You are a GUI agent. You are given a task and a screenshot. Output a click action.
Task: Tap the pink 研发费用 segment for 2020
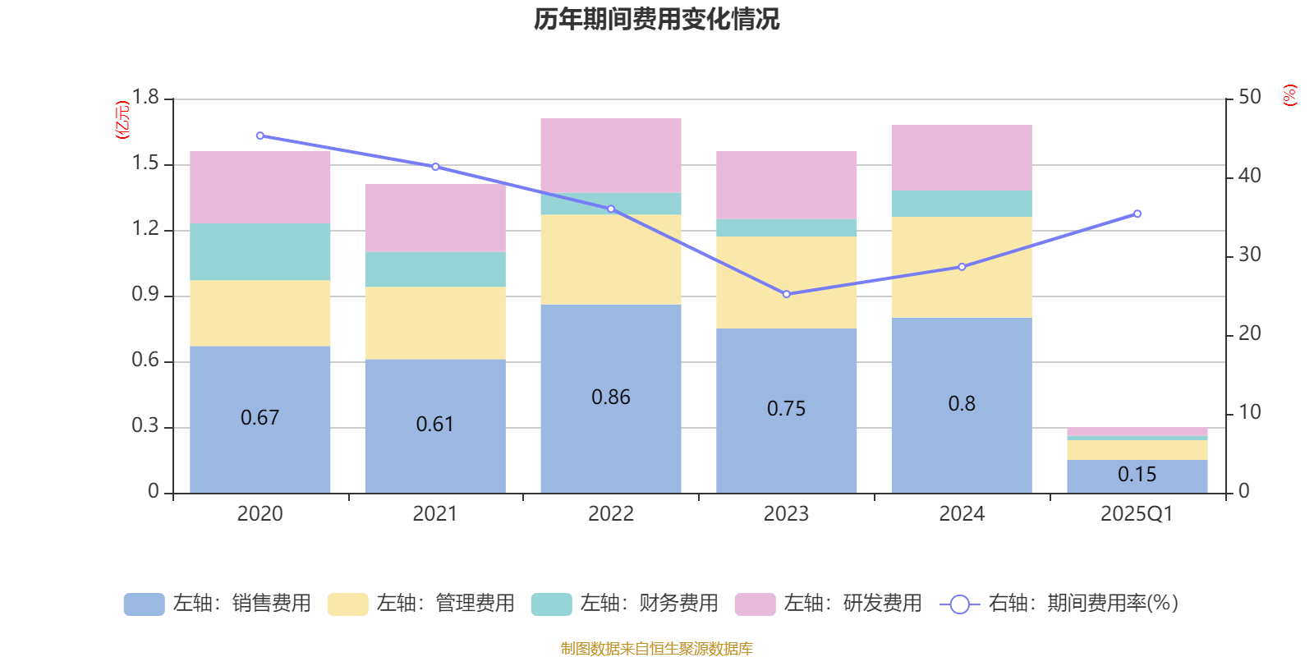[260, 186]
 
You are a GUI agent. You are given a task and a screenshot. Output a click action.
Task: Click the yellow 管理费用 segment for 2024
[961, 267]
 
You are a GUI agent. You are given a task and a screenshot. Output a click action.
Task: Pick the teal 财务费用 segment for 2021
[434, 269]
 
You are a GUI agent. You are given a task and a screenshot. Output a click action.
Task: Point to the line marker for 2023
[786, 294]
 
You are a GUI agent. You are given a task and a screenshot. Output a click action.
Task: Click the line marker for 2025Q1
[1137, 214]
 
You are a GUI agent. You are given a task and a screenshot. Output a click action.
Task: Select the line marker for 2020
[260, 136]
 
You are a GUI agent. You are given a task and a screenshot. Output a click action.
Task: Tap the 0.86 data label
[610, 397]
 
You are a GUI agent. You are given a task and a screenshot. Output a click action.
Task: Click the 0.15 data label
[1137, 475]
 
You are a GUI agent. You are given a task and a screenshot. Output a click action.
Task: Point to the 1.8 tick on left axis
[145, 98]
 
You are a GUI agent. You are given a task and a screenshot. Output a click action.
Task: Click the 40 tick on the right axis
[1249, 176]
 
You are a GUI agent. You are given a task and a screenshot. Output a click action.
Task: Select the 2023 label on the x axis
[786, 514]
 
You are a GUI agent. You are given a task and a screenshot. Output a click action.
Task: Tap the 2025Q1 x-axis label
[1137, 514]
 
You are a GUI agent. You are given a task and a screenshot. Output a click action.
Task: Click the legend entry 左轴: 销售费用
[218, 604]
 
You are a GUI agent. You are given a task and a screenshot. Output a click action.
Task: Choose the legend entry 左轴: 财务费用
[625, 604]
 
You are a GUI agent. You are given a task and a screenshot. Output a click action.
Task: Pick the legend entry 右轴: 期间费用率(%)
[1059, 604]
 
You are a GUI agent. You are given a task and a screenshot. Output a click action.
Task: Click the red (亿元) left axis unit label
[122, 120]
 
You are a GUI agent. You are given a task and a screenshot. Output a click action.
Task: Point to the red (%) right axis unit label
[1289, 95]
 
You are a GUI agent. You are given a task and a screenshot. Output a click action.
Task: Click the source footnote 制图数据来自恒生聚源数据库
[656, 649]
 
